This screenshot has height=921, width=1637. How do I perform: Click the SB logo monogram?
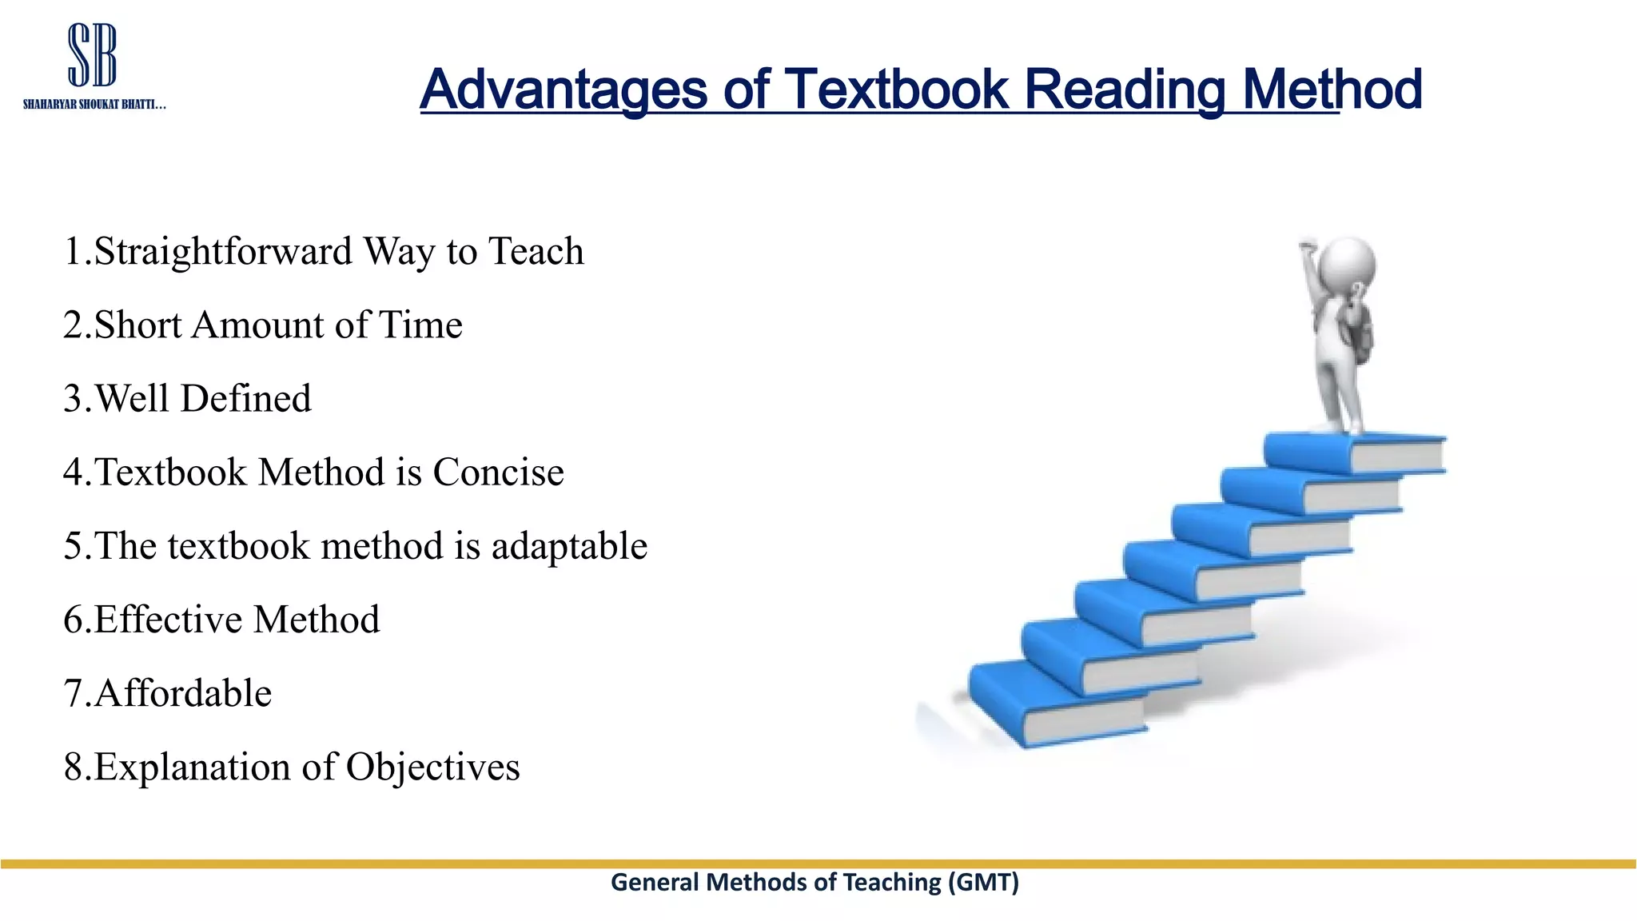click(x=93, y=55)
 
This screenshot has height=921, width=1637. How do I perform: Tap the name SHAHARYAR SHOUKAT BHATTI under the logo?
click(x=94, y=105)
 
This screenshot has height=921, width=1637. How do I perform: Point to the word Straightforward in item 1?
click(x=223, y=252)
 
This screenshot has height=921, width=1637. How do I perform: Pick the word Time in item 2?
click(x=420, y=325)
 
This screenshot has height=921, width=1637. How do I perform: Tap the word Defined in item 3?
click(x=246, y=399)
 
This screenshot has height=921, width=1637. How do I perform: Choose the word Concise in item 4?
click(x=498, y=472)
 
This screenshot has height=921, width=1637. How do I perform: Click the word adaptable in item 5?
click(x=569, y=547)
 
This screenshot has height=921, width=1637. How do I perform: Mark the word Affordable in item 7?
click(x=183, y=693)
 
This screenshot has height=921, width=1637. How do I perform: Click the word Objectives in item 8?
click(x=432, y=767)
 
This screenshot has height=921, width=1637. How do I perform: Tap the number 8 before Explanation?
click(x=74, y=767)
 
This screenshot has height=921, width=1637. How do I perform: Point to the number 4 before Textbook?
click(x=74, y=472)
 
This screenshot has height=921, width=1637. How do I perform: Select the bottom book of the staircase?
click(x=1055, y=708)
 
